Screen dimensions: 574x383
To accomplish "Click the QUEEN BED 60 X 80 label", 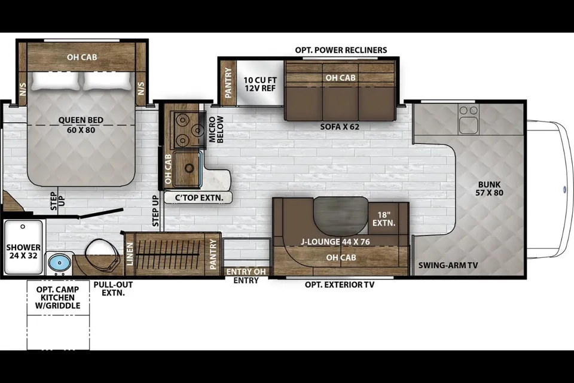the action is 81,125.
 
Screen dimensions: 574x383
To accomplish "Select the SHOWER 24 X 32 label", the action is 23,251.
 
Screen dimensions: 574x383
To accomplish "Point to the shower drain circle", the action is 23,227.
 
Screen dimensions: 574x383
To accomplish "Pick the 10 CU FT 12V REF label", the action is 260,84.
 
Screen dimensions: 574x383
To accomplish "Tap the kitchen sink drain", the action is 189,168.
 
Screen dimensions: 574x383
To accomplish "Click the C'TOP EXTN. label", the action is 199,198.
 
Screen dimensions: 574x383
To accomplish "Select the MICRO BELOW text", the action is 216,129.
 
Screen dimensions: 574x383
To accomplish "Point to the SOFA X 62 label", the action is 340,127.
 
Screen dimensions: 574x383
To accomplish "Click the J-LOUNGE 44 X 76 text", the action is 335,242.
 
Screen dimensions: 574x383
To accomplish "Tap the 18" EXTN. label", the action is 384,219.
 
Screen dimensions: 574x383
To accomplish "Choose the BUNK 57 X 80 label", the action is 490,189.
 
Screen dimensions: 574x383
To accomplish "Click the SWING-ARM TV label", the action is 448,265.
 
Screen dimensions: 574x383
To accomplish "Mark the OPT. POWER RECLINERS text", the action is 341,50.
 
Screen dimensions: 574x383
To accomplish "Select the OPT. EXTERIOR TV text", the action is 340,284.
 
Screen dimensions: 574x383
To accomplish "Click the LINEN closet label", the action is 130,254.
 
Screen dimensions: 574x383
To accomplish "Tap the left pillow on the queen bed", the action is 55,81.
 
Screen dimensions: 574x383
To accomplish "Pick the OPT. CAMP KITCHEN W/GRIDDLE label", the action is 58,297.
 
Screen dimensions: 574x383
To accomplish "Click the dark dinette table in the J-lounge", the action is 340,216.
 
